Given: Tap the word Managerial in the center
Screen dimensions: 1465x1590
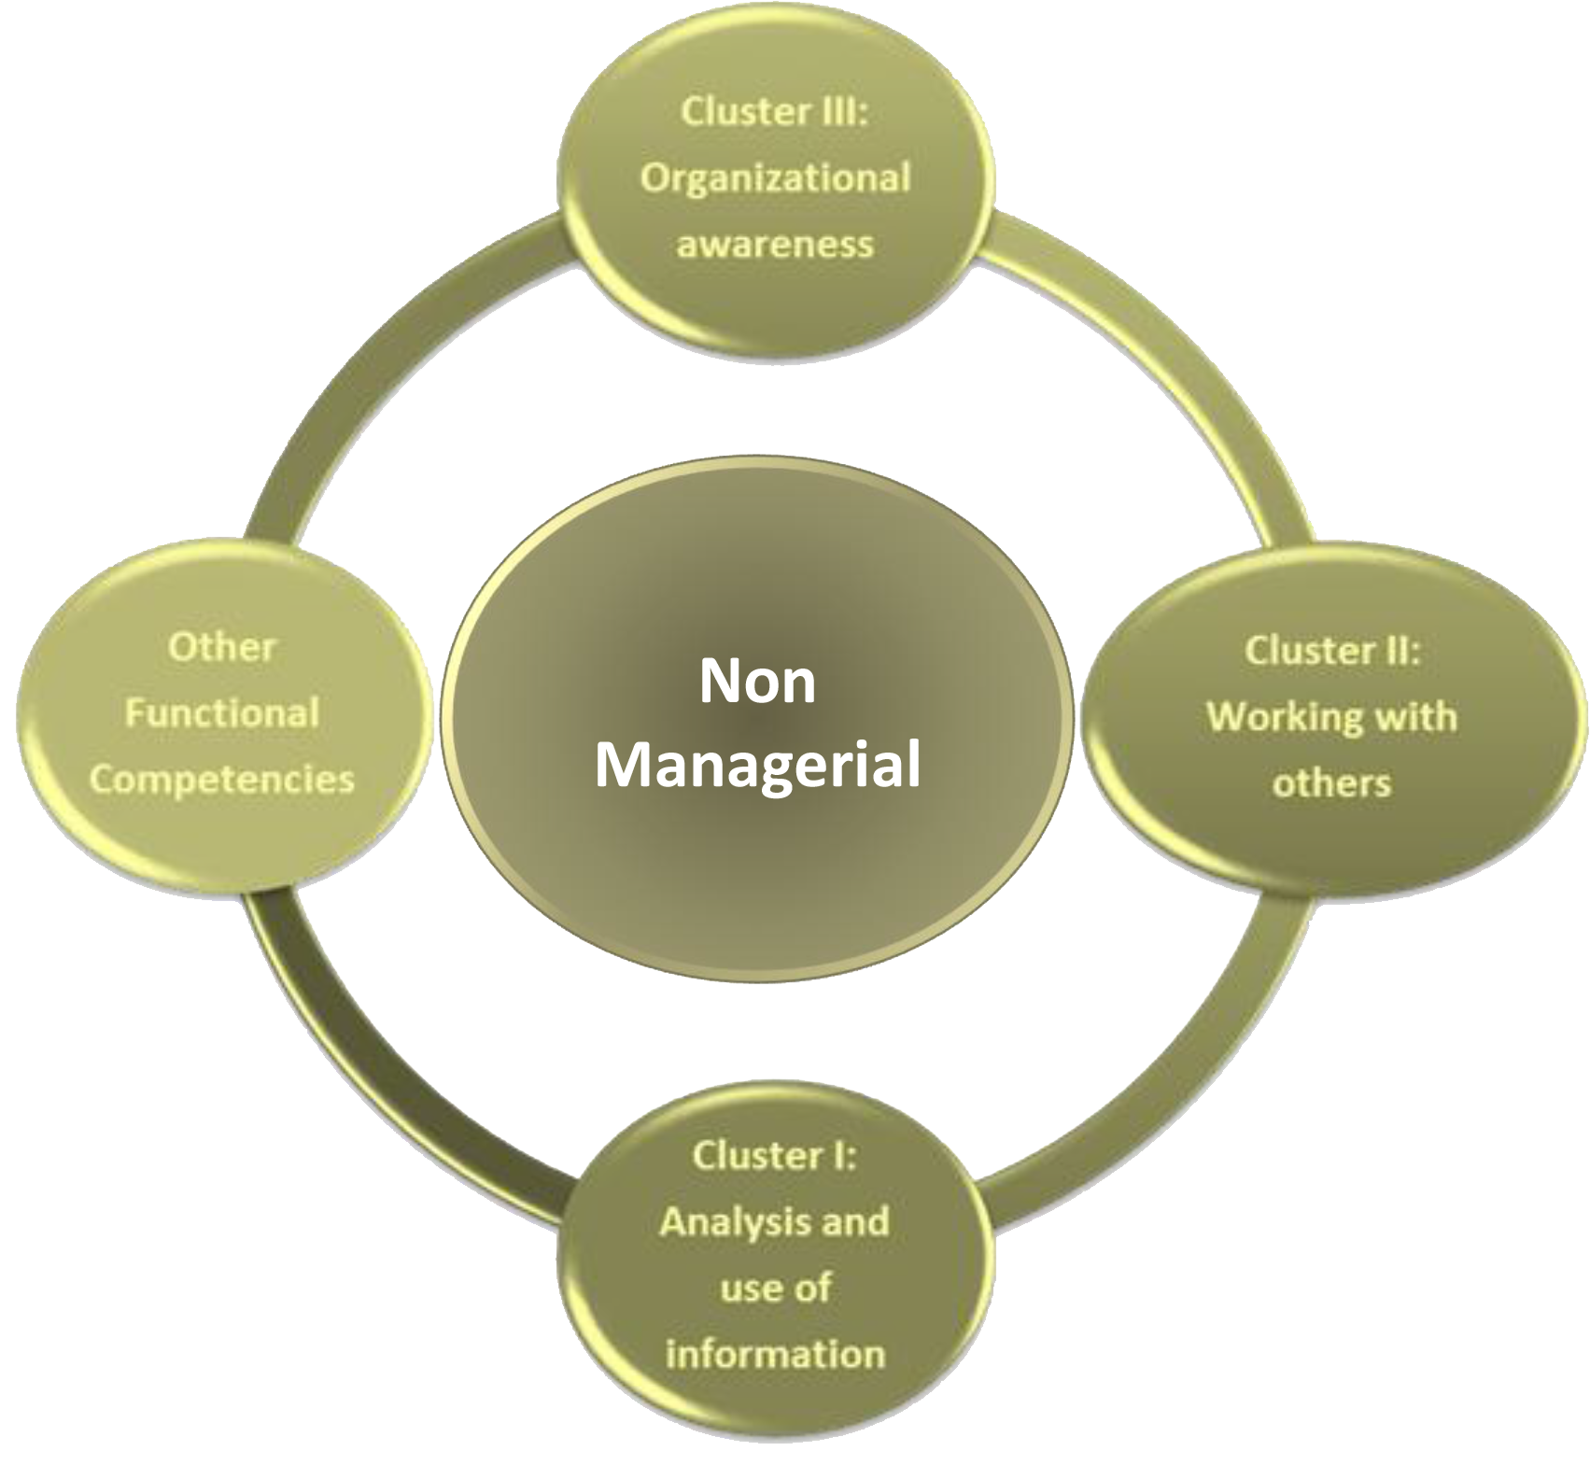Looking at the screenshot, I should coord(757,765).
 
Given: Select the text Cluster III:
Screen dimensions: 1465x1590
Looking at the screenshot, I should coord(774,111).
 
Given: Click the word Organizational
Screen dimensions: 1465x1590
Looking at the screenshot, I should coord(775,177).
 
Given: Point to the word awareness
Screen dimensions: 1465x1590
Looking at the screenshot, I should coord(775,244).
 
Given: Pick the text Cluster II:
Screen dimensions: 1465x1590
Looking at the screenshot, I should coord(1331,651).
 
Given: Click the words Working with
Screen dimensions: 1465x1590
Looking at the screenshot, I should coord(1331,717).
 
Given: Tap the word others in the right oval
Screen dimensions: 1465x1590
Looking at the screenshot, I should coord(1331,782).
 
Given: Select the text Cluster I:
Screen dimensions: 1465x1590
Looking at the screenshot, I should coord(774,1155).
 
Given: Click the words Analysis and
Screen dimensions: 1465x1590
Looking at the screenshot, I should coord(774,1221).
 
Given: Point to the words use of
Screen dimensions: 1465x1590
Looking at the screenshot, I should coord(775,1288).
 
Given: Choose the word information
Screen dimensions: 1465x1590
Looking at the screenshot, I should coord(775,1354).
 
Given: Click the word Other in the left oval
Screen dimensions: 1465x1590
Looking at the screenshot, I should coord(222,647).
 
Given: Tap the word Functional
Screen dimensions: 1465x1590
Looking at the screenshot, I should coord(222,713).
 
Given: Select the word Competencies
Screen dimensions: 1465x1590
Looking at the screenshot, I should coord(222,780).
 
